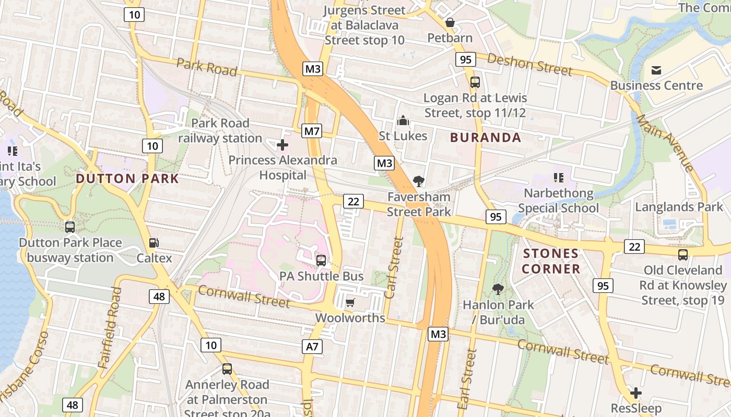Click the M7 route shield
point(312,131)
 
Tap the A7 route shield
point(312,347)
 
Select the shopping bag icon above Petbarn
point(450,23)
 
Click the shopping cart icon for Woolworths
point(350,302)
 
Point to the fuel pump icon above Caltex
point(154,242)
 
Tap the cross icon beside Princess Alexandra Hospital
point(282,144)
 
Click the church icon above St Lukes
point(403,121)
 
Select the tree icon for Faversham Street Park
point(418,181)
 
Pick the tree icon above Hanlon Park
point(498,289)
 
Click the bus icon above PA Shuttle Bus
point(321,260)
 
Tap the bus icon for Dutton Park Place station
point(69,227)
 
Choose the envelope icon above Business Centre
point(656,70)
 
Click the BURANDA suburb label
point(486,138)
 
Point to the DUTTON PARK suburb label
point(127,179)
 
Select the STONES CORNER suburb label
point(551,261)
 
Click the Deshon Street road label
point(530,65)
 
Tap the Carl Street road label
point(394,268)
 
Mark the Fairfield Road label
point(110,328)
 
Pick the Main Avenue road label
point(665,142)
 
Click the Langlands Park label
point(679,207)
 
